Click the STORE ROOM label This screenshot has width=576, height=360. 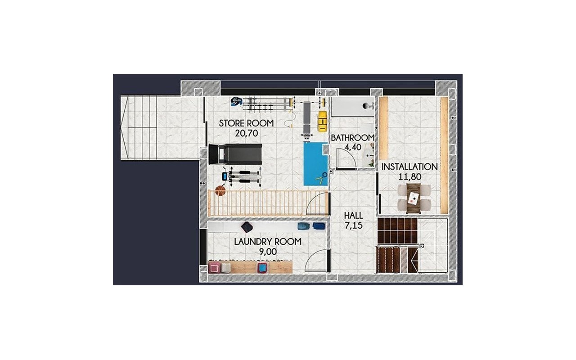pos(246,123)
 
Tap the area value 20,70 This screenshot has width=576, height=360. pos(246,134)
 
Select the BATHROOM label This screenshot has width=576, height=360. pos(352,138)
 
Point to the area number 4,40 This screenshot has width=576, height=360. pos(353,147)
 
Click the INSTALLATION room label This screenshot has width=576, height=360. pos(409,167)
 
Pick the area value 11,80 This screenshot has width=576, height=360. pos(410,177)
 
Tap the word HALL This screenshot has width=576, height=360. pos(353,216)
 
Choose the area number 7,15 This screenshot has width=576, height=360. pos(354,225)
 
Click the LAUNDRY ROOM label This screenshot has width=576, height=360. pos(268,242)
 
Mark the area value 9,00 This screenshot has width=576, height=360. pos(268,252)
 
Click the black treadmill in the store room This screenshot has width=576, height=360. pos(235,154)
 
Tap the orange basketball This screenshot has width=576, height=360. pos(220,191)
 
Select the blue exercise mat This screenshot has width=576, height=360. pos(315,164)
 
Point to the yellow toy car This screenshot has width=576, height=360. pos(322,121)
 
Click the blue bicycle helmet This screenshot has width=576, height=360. pos(236,101)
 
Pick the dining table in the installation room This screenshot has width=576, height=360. pos(414,198)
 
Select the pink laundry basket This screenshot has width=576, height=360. pos(214,268)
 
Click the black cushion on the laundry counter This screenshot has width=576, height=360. pos(247,227)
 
